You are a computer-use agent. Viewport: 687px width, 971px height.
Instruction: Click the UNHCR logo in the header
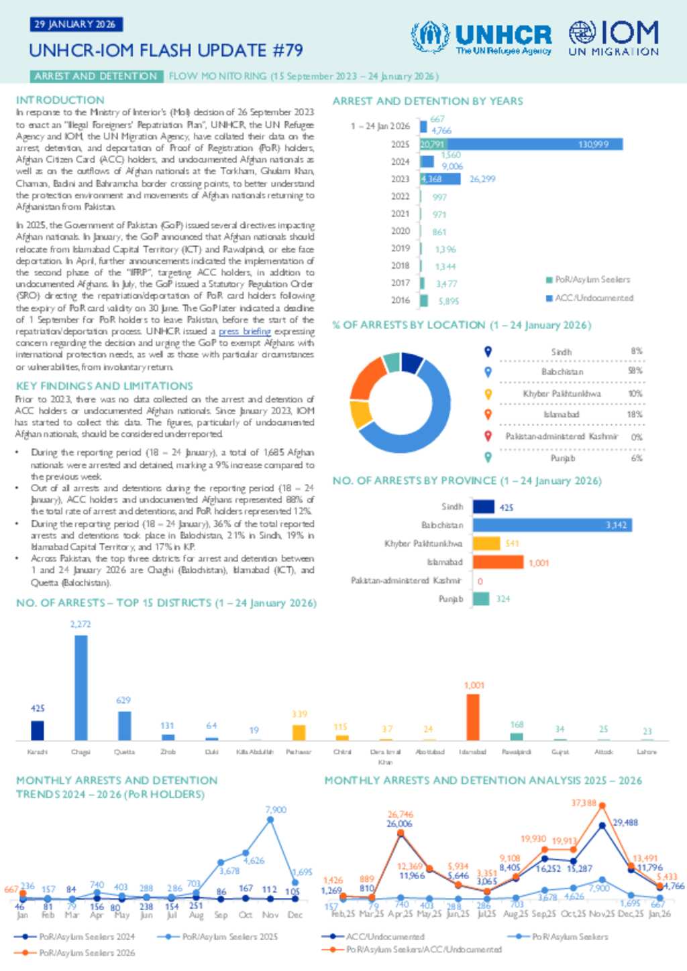click(482, 38)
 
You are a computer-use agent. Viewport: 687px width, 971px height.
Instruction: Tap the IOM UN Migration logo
click(613, 38)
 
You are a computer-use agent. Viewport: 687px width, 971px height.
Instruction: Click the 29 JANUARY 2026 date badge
click(75, 24)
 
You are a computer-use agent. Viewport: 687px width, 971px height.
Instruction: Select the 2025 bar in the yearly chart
click(521, 144)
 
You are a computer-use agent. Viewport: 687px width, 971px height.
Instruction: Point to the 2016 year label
click(401, 300)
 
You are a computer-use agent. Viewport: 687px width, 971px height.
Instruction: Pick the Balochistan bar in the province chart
click(552, 525)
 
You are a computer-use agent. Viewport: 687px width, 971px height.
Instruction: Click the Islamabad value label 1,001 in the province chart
click(539, 563)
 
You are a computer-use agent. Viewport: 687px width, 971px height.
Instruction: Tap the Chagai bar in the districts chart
click(81, 688)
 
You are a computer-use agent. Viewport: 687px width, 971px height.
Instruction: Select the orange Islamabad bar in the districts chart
click(473, 717)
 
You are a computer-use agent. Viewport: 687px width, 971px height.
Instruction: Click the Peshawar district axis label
click(299, 752)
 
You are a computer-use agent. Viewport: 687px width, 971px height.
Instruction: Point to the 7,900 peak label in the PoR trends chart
click(276, 810)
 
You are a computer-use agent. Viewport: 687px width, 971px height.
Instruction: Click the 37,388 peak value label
click(584, 803)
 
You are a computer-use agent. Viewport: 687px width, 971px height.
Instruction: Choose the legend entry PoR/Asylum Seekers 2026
click(87, 952)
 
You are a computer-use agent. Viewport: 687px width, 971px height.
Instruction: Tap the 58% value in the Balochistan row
click(635, 371)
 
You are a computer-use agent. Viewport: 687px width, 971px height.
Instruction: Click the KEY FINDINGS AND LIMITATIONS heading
click(105, 386)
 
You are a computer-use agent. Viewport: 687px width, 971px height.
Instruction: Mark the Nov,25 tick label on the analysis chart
click(602, 913)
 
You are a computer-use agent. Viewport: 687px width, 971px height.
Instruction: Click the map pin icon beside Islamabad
click(488, 415)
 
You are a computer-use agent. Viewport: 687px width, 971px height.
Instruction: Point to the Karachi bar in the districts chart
click(38, 730)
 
